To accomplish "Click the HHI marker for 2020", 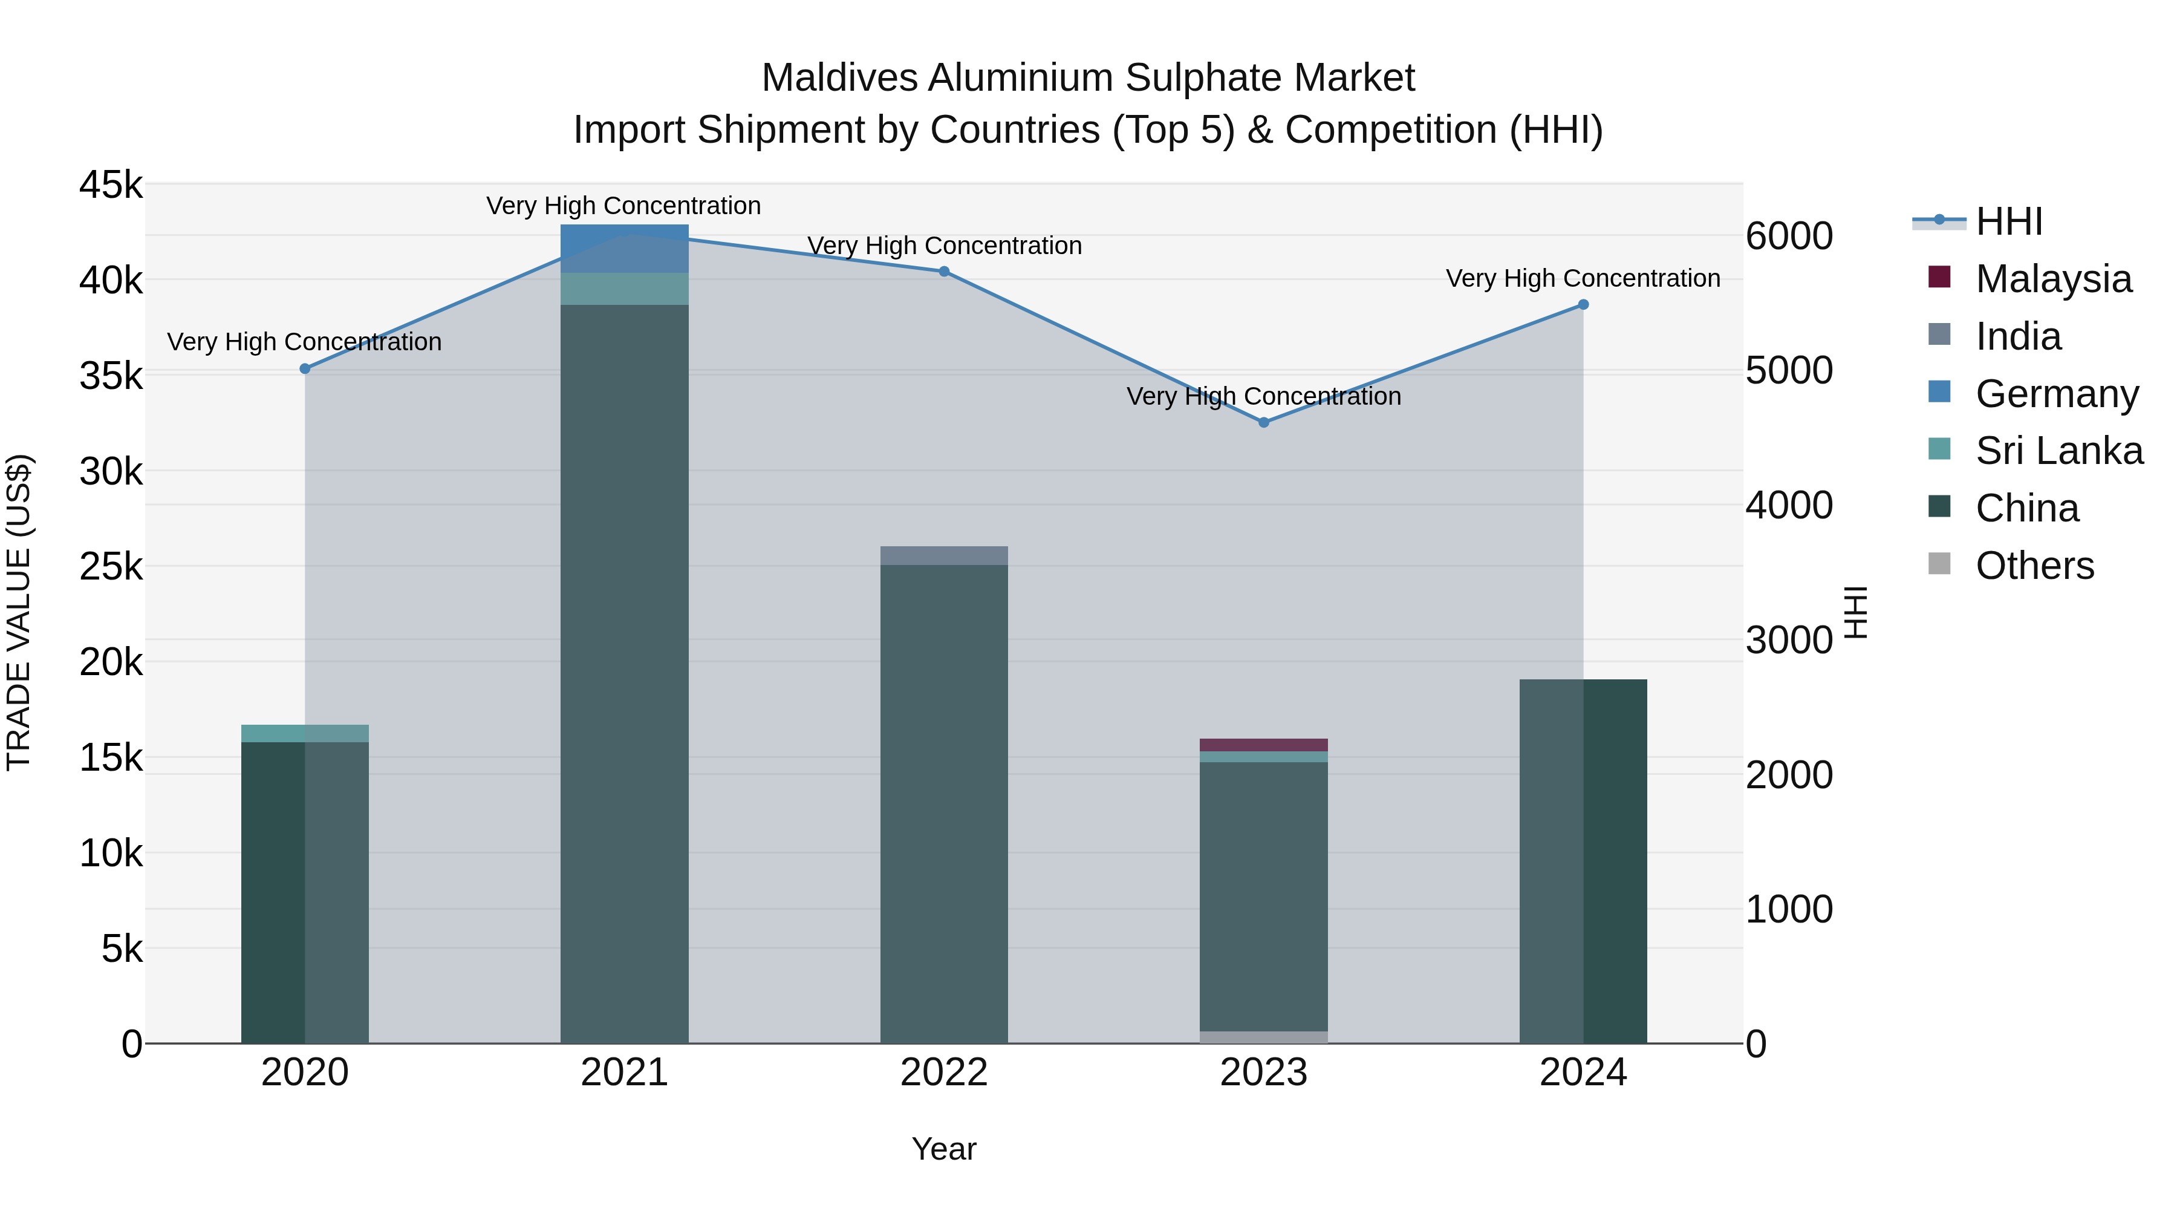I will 305,368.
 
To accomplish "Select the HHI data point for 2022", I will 944,272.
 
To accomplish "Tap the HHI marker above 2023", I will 1263,422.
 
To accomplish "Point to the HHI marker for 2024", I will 1583,304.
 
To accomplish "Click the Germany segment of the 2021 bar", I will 625,247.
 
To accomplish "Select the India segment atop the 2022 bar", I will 944,555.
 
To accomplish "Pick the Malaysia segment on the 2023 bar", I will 1263,745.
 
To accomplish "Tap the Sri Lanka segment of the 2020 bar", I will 305,733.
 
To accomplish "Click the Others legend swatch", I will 1939,564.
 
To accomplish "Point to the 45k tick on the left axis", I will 111,185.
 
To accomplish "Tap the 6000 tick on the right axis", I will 1789,236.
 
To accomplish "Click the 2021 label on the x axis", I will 625,1072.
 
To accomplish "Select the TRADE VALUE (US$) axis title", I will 19,612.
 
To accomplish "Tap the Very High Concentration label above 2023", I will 1263,396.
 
